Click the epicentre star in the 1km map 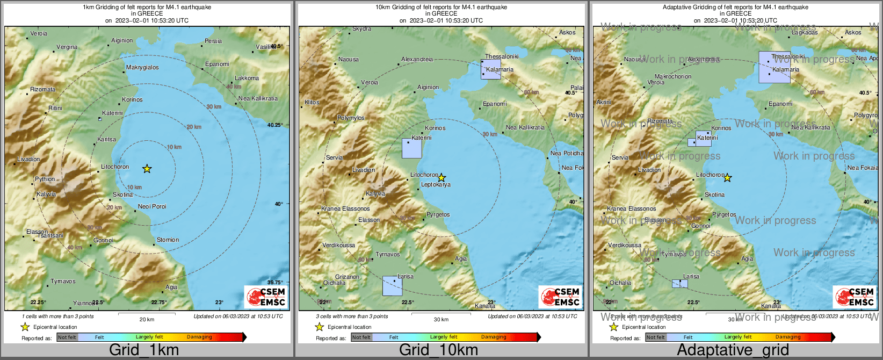click(147, 169)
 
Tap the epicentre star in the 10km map click(441, 178)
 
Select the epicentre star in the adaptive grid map click(727, 178)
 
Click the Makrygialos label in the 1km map click(142, 68)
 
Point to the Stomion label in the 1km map click(168, 240)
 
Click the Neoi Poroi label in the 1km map click(152, 206)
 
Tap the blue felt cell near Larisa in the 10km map click(392, 286)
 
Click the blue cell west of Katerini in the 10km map click(412, 148)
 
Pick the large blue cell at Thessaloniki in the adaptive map click(774, 67)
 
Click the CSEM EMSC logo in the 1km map click(265, 297)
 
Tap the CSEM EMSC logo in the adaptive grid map click(854, 297)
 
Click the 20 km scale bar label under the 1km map click(147, 319)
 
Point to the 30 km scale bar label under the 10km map click(441, 319)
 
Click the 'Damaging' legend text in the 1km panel click(199, 337)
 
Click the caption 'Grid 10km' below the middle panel click(438, 350)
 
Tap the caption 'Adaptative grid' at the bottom click(733, 350)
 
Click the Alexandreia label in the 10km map click(417, 59)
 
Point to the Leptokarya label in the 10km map click(436, 185)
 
